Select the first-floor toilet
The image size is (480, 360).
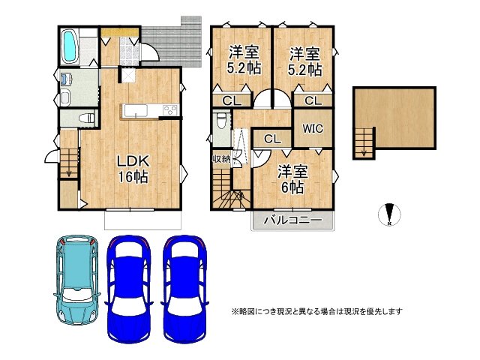point(85,118)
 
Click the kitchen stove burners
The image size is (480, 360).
point(169,111)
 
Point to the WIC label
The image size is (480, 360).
point(313,128)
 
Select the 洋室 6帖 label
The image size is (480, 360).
point(290,177)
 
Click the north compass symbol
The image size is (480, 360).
point(388,214)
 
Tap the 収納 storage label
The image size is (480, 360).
point(222,158)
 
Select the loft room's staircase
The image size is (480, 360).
point(364,142)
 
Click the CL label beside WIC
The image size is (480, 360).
point(271,139)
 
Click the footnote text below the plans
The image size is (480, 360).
point(317,310)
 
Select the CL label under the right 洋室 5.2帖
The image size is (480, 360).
point(312,100)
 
